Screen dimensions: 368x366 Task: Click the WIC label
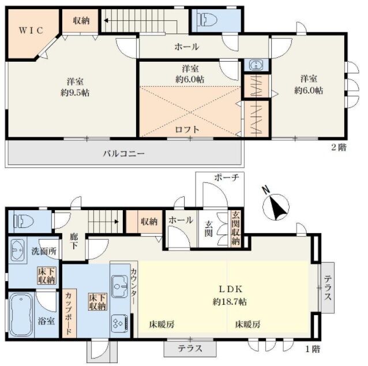coord(31,31)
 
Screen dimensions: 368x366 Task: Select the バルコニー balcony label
coord(124,154)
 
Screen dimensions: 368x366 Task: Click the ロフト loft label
coord(187,129)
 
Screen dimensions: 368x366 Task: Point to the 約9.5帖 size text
coord(75,93)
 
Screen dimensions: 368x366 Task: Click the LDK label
coord(230,289)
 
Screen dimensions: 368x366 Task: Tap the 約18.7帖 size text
coord(230,302)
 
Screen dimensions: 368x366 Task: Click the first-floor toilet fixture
coord(24,221)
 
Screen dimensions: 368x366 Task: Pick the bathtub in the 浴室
coord(21,314)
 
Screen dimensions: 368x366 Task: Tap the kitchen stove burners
coord(120,323)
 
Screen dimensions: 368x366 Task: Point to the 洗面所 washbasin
coord(17,250)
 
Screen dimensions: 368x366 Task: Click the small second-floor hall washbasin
coord(256,65)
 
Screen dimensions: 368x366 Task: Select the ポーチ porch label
coord(227,177)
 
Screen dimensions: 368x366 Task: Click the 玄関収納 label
coord(235,228)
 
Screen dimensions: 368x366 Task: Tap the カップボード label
coord(69,313)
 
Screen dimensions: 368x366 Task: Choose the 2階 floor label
coord(339,147)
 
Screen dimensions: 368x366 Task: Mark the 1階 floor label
coord(313,349)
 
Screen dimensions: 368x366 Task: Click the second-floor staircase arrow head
coord(106,21)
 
